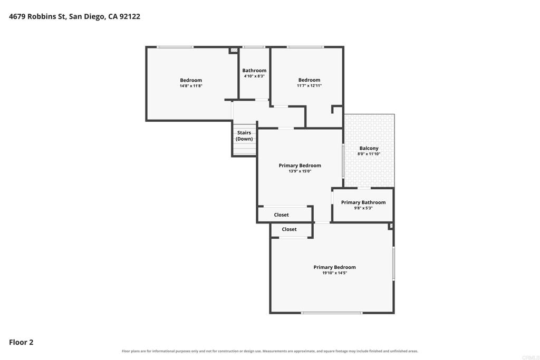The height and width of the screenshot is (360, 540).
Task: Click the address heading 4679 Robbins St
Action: pyautogui.click(x=74, y=16)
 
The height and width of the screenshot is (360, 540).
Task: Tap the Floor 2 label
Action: pyautogui.click(x=21, y=342)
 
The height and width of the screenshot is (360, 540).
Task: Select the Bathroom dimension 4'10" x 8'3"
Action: pyautogui.click(x=254, y=76)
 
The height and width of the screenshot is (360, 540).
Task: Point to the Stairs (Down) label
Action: pyautogui.click(x=244, y=135)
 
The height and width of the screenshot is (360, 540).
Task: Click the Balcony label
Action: pyautogui.click(x=369, y=148)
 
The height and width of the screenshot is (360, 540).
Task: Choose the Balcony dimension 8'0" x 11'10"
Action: pyautogui.click(x=369, y=154)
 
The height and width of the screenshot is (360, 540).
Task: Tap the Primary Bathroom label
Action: pyautogui.click(x=363, y=202)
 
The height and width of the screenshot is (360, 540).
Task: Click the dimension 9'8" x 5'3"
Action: pyautogui.click(x=363, y=208)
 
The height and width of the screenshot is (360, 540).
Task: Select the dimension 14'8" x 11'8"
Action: pyautogui.click(x=191, y=86)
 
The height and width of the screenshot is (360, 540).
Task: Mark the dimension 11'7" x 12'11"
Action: pyautogui.click(x=309, y=85)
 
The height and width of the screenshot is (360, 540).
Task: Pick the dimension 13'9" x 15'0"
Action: pyautogui.click(x=300, y=171)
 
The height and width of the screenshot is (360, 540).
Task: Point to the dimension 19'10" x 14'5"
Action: pyautogui.click(x=334, y=273)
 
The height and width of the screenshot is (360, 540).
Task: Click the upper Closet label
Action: pyautogui.click(x=282, y=215)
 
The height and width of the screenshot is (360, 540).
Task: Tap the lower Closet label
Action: pyautogui.click(x=289, y=229)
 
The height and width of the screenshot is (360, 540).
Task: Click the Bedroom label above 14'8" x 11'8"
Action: pyautogui.click(x=191, y=80)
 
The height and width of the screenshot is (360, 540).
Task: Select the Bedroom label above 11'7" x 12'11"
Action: pyautogui.click(x=309, y=80)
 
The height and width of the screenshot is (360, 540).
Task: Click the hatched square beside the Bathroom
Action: pyautogui.click(x=234, y=50)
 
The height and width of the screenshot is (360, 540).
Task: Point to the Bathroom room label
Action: pyautogui.click(x=254, y=71)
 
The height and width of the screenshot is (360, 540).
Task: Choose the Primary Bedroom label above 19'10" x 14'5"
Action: pyautogui.click(x=334, y=267)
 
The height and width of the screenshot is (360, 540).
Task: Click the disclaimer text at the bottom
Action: pyautogui.click(x=269, y=351)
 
